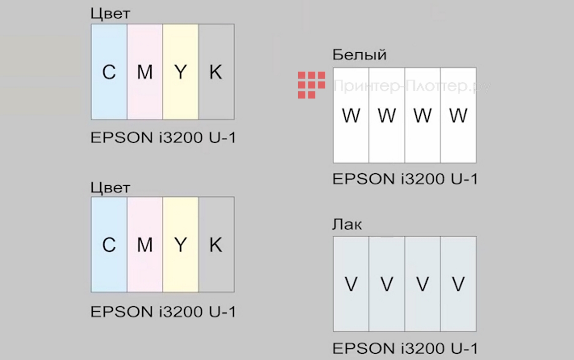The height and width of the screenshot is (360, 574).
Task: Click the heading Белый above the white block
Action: pos(359,55)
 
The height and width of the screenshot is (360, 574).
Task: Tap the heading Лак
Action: pos(347,225)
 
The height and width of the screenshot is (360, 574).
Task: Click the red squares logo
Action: pos(312,85)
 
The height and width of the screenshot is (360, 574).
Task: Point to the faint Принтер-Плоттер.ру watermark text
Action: pos(412,86)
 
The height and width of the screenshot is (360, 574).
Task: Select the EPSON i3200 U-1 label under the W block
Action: pos(405,179)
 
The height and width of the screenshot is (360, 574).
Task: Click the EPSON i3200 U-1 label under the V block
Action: pos(405,349)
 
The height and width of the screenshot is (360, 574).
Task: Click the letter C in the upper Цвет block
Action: pos(109,72)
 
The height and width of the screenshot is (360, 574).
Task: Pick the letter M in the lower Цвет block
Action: pos(145,245)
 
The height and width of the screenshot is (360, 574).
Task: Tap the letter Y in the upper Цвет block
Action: pos(180,72)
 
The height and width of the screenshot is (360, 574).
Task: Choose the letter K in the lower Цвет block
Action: pos(216,245)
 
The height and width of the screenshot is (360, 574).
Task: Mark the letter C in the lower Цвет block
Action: pos(109,245)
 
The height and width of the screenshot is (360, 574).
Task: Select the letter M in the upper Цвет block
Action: pos(145,72)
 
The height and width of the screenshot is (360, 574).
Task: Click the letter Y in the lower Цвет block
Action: pos(180,245)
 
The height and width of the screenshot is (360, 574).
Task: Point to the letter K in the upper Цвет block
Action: pos(216,72)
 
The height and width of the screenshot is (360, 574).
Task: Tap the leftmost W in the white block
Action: pos(351,115)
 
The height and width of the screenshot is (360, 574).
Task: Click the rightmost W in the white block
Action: pos(458,115)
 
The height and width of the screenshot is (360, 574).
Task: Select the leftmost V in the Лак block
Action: pos(351,284)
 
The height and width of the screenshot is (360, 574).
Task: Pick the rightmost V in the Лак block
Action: pos(458,284)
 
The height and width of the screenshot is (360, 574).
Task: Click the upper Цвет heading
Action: pos(110,13)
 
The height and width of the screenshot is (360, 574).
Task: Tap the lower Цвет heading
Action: pos(110,188)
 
